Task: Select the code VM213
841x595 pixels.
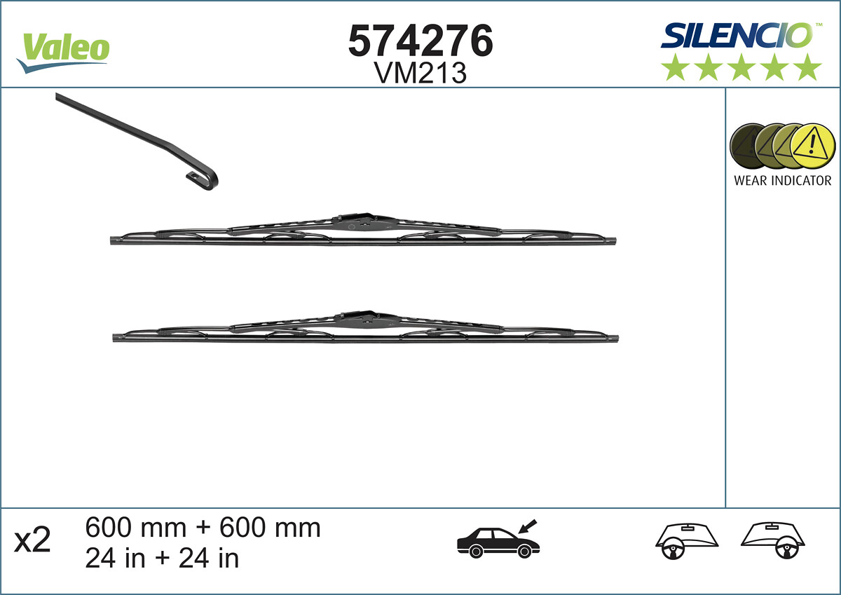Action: [420, 73]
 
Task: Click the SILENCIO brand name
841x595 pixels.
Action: [736, 35]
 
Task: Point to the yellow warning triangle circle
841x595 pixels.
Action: [813, 146]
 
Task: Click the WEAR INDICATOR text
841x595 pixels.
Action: [782, 181]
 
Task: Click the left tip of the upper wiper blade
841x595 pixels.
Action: [113, 241]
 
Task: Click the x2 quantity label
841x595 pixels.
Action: [34, 541]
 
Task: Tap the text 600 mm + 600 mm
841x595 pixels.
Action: [203, 528]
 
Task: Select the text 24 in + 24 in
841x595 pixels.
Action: [162, 559]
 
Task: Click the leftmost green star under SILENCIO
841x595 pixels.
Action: [675, 68]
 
